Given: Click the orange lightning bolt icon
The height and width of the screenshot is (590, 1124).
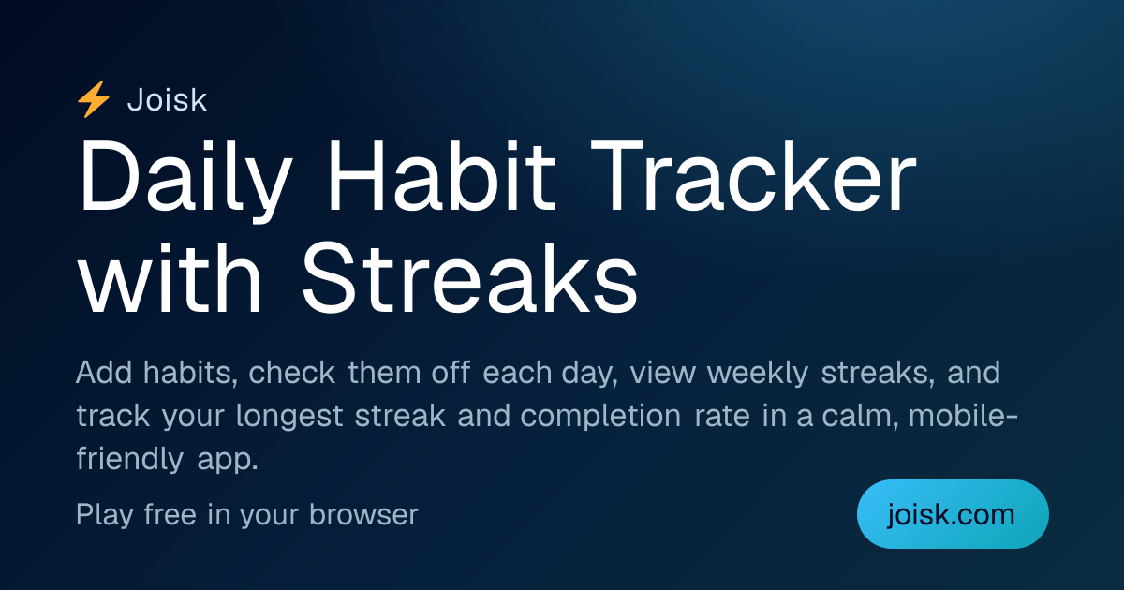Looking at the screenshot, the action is coord(94,99).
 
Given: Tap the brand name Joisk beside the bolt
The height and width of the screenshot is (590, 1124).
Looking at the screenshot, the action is coord(167,100).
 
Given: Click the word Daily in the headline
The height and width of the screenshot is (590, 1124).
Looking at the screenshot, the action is coord(185,177).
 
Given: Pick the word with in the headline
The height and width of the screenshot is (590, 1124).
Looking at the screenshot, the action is coord(170,277).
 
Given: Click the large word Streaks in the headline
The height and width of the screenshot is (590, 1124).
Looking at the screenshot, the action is coord(469,277).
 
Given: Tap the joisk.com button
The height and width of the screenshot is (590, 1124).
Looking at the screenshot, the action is coord(953,514).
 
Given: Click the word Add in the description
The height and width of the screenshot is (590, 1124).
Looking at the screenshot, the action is coord(104,373).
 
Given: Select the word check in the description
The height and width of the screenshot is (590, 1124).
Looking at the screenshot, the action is coord(291,373).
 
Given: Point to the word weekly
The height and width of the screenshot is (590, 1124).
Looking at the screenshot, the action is coord(757,374).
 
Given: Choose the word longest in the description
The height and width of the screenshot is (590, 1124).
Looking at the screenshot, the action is coord(289,417).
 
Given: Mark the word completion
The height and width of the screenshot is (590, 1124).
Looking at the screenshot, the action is coord(600,417).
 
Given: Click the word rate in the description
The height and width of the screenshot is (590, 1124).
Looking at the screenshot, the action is coord(722,417).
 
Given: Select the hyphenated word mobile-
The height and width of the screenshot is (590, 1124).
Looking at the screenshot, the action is coord(963,416).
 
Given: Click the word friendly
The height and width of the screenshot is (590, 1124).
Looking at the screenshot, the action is coord(130,460).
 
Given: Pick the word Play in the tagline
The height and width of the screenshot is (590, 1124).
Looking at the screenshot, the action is coord(105,516).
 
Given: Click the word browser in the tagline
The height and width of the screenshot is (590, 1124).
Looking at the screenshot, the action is coord(363,514).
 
